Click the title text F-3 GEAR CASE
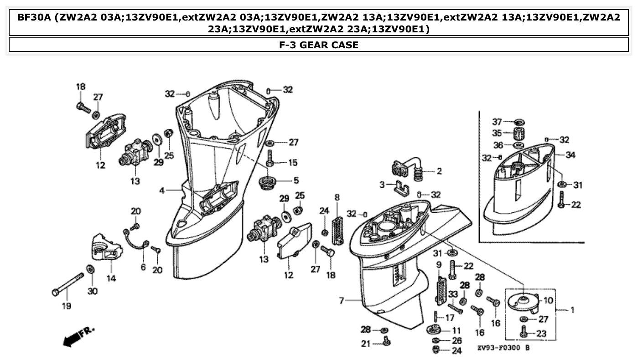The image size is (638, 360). [319, 45]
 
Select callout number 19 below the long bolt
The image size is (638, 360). [67, 306]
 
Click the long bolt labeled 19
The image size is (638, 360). [68, 284]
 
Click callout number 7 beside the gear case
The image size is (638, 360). [341, 300]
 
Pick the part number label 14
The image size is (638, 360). [111, 278]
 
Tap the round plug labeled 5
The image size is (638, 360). [267, 183]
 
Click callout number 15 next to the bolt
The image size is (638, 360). [292, 162]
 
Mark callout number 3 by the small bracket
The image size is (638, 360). [382, 185]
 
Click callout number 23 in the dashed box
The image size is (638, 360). [541, 334]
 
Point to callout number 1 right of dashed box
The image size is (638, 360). [572, 310]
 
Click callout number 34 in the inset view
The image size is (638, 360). [570, 155]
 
